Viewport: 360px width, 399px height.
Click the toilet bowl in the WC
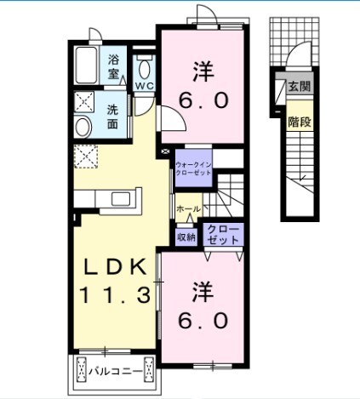pyautogui.click(x=145, y=69)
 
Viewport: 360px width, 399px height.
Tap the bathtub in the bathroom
pyautogui.click(x=86, y=65)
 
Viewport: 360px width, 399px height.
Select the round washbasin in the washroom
pyautogui.click(x=83, y=128)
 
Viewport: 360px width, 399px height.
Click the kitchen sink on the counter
pyautogui.click(x=121, y=198)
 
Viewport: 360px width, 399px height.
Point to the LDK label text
pyautogui.click(x=116, y=267)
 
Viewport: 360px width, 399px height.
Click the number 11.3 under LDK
pyautogui.click(x=115, y=295)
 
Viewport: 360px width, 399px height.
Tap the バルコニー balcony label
pyautogui.click(x=115, y=371)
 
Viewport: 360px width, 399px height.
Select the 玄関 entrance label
pyautogui.click(x=300, y=87)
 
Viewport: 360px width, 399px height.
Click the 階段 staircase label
pyautogui.click(x=300, y=123)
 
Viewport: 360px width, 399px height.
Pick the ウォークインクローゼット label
pyautogui.click(x=193, y=168)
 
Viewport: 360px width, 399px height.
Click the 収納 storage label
pyautogui.click(x=186, y=237)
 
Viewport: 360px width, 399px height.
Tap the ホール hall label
pyautogui.click(x=188, y=209)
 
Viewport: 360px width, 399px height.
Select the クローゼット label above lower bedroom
pyautogui.click(x=223, y=235)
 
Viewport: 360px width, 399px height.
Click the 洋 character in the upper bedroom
pyautogui.click(x=203, y=71)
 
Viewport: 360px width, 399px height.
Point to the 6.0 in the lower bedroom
pyautogui.click(x=203, y=320)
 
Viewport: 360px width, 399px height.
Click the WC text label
pyautogui.click(x=145, y=86)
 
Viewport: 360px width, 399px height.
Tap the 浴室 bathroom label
pyautogui.click(x=113, y=67)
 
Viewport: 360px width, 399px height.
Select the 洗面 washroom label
pyautogui.click(x=112, y=117)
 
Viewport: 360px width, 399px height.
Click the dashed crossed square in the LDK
pyautogui.click(x=86, y=157)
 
